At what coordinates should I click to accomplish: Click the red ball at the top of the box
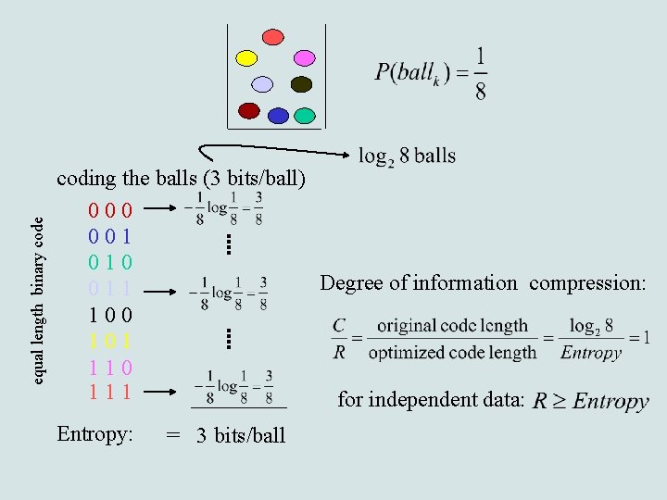point(272,37)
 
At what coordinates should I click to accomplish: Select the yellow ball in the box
point(246,58)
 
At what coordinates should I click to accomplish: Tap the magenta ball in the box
point(304,57)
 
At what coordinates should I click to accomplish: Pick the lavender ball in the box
point(262,84)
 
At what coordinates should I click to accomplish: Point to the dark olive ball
point(301,84)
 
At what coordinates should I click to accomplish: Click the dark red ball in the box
point(248,110)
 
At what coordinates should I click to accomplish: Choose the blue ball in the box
point(278,116)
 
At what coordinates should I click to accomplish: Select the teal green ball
point(305,117)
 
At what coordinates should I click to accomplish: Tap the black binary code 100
point(110,314)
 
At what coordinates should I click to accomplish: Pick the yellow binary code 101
point(110,340)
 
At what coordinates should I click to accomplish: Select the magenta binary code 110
point(110,366)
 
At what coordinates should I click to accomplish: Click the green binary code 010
point(110,262)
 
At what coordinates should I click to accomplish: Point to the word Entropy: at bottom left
point(94,433)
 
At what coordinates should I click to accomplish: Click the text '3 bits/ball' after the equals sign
point(241,435)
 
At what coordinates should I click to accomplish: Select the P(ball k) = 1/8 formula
point(431,73)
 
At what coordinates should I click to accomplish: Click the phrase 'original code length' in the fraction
point(452,326)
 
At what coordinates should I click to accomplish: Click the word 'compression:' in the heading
point(587,282)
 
